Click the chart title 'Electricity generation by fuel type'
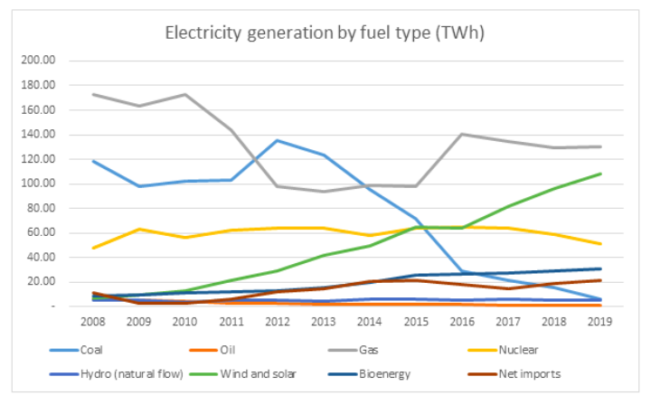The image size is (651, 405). [x=325, y=33]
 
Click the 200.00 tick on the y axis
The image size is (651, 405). [x=41, y=61]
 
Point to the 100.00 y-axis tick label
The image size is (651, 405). [x=41, y=184]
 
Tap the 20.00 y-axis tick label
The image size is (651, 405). [x=42, y=281]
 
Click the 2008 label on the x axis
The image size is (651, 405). [x=92, y=320]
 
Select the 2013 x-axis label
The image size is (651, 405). [x=322, y=320]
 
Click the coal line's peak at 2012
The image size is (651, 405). [x=276, y=140]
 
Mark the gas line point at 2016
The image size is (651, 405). [x=461, y=134]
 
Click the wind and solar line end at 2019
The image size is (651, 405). [x=600, y=174]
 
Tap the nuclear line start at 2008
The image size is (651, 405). [x=92, y=248]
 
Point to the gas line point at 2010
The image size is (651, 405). [x=184, y=94]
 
